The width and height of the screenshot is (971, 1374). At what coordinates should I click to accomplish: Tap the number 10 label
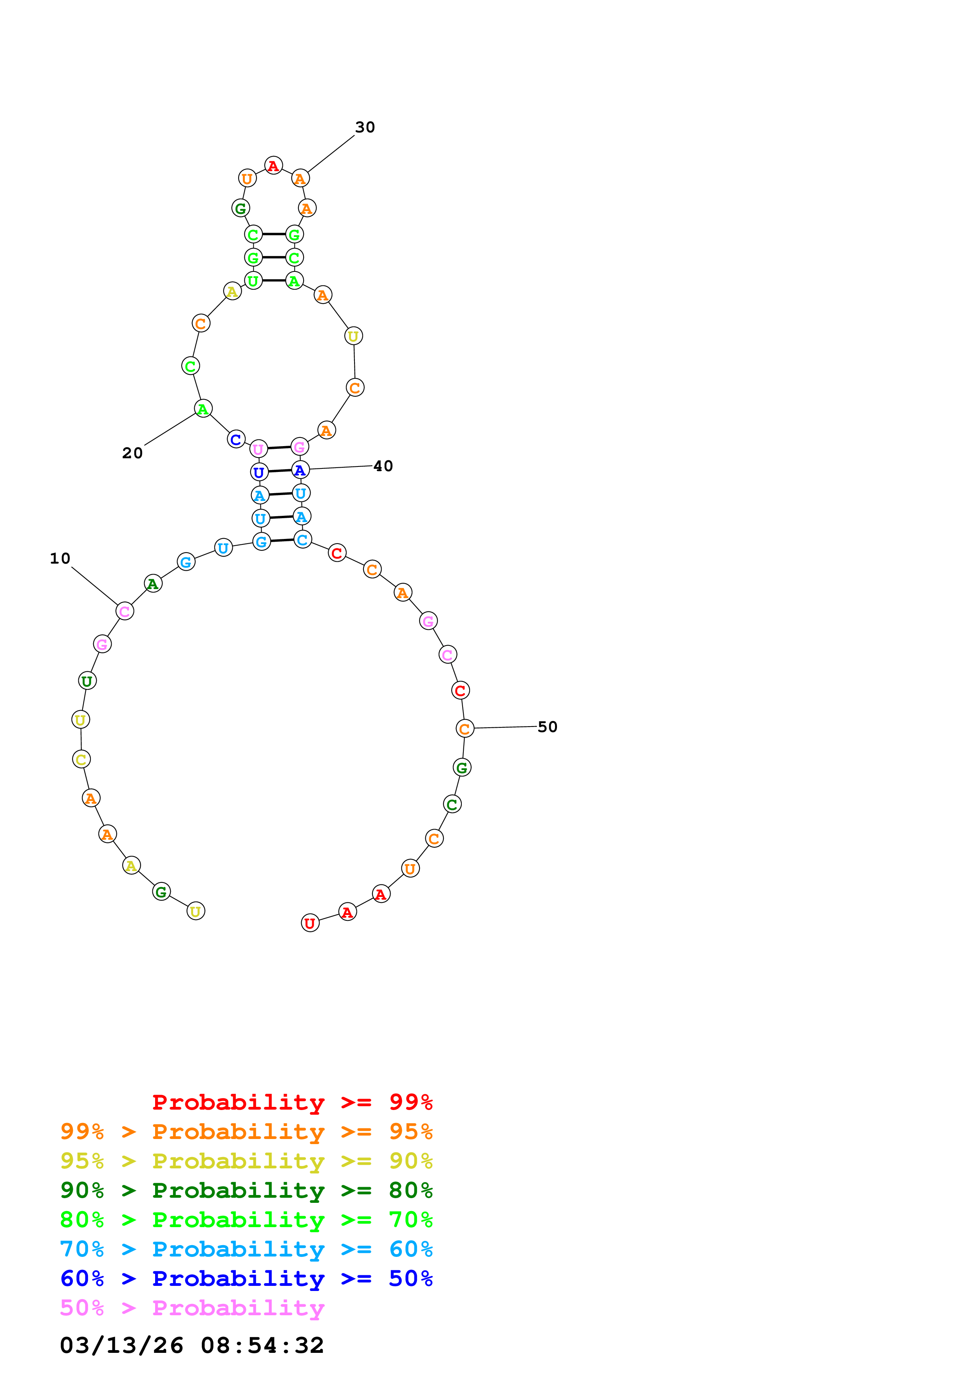[x=60, y=559]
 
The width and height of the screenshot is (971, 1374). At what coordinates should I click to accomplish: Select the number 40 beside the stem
[x=383, y=466]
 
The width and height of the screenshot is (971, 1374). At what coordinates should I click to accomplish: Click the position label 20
[x=132, y=453]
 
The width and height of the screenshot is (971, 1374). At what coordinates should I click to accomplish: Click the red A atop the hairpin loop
[x=273, y=166]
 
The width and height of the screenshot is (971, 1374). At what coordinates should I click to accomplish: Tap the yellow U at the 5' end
[x=195, y=911]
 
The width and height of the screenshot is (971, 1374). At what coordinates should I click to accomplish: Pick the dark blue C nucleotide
[x=236, y=439]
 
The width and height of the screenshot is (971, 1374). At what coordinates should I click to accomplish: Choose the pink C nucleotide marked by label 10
[x=125, y=611]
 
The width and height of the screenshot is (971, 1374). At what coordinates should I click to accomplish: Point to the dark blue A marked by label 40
[x=300, y=470]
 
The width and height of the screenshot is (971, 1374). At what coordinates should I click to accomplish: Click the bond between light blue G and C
[x=282, y=541]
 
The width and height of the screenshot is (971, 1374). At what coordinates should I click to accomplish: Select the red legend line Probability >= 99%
[x=292, y=1102]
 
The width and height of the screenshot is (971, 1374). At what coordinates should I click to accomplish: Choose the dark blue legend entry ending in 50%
[x=246, y=1278]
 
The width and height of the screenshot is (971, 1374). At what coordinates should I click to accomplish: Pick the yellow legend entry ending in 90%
[x=246, y=1161]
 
